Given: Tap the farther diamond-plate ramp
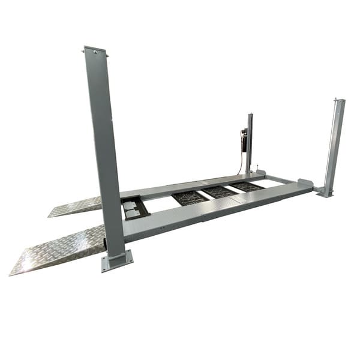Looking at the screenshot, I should click(75, 206).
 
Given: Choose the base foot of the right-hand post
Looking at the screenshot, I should click(324, 192).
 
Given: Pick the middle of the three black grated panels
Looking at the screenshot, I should click(219, 192).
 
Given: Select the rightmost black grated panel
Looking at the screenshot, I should click(248, 187).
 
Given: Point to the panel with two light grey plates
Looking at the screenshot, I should click(134, 208).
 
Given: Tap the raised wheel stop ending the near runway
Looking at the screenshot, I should click(304, 182).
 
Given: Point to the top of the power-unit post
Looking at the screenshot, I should click(250, 115).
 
